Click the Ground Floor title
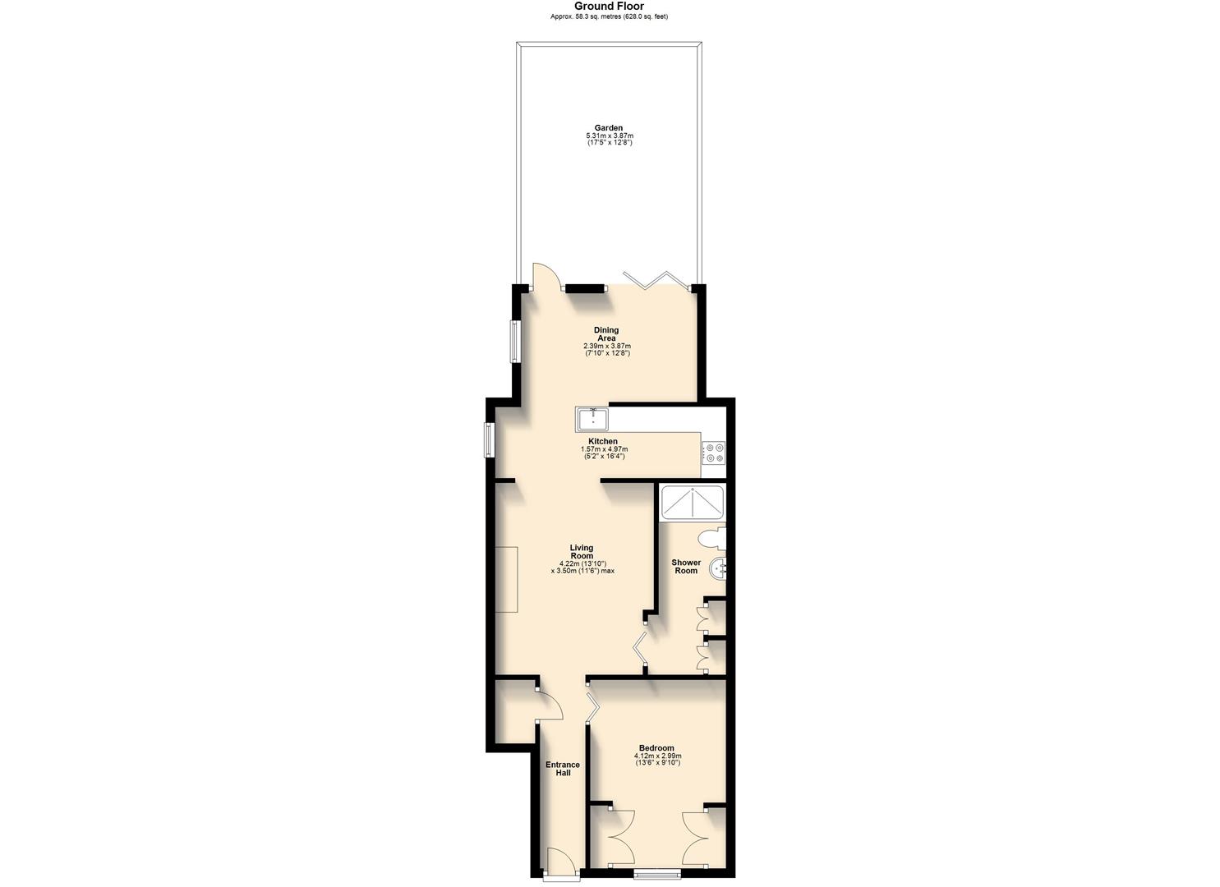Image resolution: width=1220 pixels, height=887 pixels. [x=609, y=6]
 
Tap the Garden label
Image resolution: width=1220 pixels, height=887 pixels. [x=609, y=127]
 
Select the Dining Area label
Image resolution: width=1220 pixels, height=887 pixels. [x=606, y=334]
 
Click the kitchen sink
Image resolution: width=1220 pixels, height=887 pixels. [x=592, y=419]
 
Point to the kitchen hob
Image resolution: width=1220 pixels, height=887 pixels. [x=713, y=453]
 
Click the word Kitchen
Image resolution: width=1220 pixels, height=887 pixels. [x=603, y=441]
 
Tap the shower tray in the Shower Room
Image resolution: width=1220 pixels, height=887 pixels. [x=693, y=503]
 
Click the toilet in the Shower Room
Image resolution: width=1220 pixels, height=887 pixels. [x=711, y=540]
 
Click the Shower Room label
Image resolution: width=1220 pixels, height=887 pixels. [x=686, y=567]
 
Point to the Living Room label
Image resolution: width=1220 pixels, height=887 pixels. [x=582, y=552]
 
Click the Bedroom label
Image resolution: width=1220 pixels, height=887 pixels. [x=656, y=747]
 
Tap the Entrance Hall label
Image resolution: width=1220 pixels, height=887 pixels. [x=563, y=769]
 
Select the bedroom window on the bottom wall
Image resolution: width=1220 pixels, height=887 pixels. [x=657, y=875]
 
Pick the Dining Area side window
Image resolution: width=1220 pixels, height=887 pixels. [x=514, y=342]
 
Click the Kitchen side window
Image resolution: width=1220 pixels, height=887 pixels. [x=488, y=440]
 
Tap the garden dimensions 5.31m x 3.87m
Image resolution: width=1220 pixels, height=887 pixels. [x=609, y=136]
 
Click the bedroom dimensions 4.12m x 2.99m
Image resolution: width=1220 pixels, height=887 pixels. [x=657, y=756]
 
